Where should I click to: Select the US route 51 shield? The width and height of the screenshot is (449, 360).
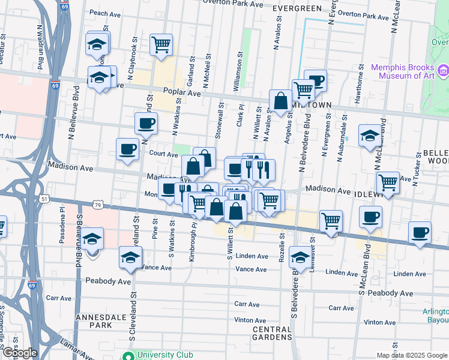pyautogui.click(x=45, y=197)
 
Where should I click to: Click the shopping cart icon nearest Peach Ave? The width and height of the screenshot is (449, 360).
pyautogui.click(x=161, y=44)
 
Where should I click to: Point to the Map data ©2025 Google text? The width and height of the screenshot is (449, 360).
pyautogui.click(x=412, y=355)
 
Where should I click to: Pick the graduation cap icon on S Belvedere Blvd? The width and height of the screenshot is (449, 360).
pyautogui.click(x=300, y=257)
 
